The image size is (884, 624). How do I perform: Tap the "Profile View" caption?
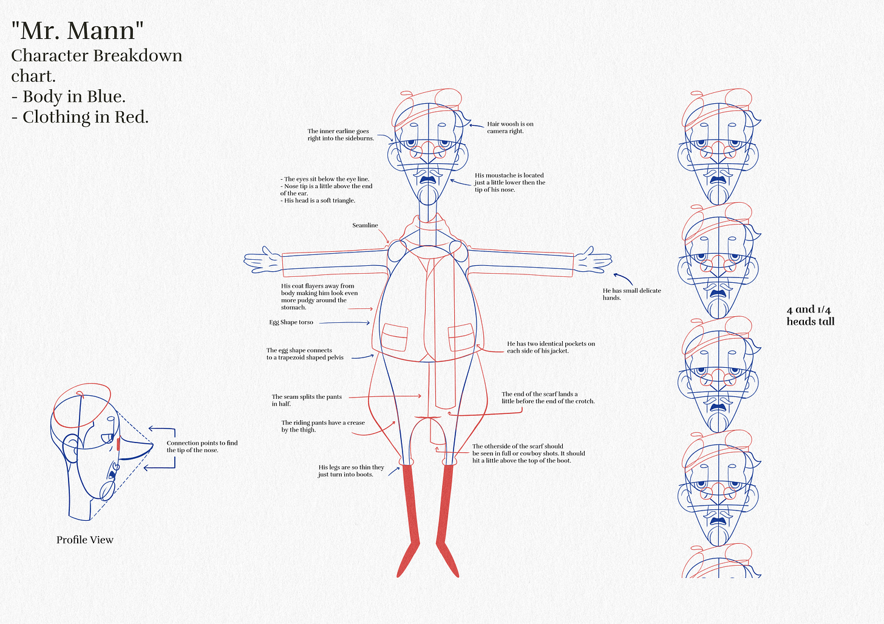pyautogui.click(x=85, y=540)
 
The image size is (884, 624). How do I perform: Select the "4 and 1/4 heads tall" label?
pyautogui.click(x=810, y=316)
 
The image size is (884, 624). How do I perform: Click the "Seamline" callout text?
pyautogui.click(x=365, y=225)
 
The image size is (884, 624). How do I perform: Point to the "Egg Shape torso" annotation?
pyautogui.click(x=291, y=322)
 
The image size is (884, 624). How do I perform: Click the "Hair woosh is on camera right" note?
pyautogui.click(x=510, y=127)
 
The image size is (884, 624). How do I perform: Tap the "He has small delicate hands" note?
pyautogui.click(x=631, y=294)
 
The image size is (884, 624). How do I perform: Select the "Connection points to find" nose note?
pyautogui.click(x=202, y=447)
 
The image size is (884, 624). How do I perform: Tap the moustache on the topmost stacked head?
pyautogui.click(x=719, y=178)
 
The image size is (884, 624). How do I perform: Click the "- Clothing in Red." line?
pyautogui.click(x=80, y=117)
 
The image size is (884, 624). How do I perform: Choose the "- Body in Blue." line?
pyautogui.click(x=68, y=97)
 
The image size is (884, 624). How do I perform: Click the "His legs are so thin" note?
pyautogui.click(x=351, y=471)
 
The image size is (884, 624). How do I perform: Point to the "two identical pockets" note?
pyautogui.click(x=551, y=347)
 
